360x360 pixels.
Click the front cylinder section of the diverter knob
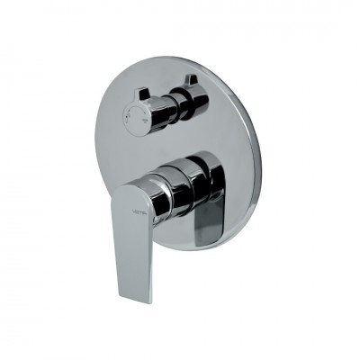[x=148, y=108]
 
